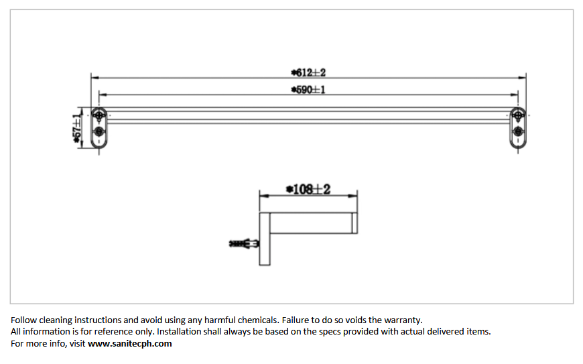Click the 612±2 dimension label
pos(308,72)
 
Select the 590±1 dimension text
pos(308,90)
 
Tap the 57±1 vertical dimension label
pos(76,129)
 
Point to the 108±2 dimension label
pos(308,190)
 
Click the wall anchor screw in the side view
pos(244,244)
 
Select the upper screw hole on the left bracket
pos(99,115)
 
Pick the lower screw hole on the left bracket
pos(99,131)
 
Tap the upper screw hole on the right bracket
pos(518,115)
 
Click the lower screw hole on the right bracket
pos(518,131)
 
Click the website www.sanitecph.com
pos(130,343)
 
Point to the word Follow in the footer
pos(24,320)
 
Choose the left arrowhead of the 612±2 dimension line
pos(95,78)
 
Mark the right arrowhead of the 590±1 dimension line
pos(514,95)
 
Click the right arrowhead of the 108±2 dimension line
pos(353,196)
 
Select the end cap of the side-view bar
pos(354,223)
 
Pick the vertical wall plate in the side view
pos(264,239)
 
